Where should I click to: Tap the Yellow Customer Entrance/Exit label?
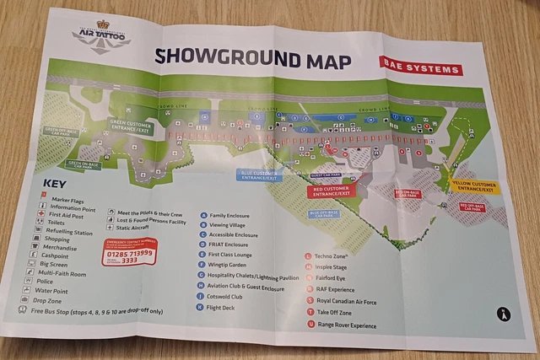474,186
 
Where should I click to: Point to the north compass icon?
504,314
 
